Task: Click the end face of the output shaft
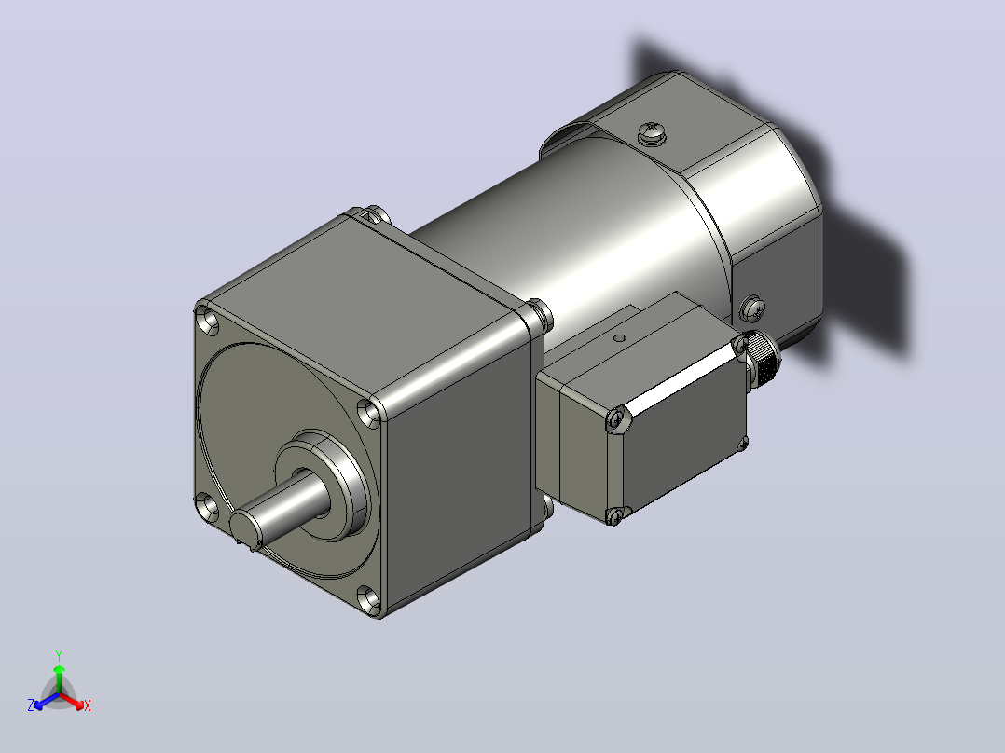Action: pyautogui.click(x=245, y=528)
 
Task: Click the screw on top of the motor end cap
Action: pyautogui.click(x=653, y=132)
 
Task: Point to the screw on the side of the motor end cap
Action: pyautogui.click(x=752, y=308)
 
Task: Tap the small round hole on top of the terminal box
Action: pyautogui.click(x=618, y=337)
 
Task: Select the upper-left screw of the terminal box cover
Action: pyautogui.click(x=616, y=419)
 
